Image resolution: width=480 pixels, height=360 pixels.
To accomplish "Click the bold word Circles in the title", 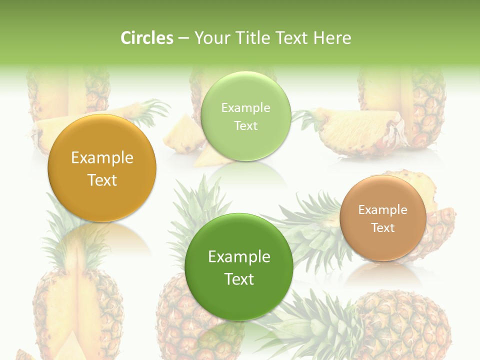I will click(x=147, y=38).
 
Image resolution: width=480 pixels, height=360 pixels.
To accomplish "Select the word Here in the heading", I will click(x=332, y=38).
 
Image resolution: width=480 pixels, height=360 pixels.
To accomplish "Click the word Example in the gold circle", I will click(x=102, y=158).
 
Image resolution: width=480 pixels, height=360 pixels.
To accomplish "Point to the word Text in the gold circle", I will click(x=102, y=180).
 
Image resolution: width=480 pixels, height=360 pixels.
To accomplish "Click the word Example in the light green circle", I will click(x=245, y=108).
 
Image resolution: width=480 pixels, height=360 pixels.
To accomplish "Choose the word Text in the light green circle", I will click(x=245, y=126).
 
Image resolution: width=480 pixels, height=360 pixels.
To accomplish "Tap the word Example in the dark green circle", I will click(x=239, y=257).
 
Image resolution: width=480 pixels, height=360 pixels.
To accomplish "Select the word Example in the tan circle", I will click(x=383, y=210).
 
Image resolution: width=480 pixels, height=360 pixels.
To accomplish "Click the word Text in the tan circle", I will click(x=383, y=228).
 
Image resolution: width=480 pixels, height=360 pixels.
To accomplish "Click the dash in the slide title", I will click(x=183, y=38).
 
